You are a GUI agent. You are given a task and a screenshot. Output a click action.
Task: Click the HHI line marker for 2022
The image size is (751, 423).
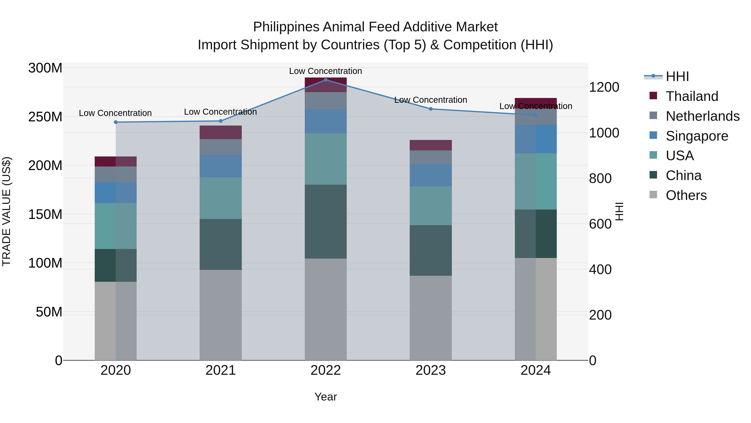(326, 80)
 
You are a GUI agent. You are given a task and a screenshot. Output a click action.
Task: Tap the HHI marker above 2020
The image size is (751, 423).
(116, 122)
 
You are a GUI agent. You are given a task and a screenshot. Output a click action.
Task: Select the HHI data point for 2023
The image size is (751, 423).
(431, 109)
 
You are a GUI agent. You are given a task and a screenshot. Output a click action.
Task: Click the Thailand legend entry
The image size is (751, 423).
(692, 96)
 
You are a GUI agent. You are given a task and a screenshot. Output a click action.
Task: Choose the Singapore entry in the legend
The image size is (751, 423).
(697, 136)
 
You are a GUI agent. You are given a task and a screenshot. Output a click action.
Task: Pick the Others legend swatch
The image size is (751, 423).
(653, 195)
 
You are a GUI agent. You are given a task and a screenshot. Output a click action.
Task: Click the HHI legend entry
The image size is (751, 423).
(677, 76)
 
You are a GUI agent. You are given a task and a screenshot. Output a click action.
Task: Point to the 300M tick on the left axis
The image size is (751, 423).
(45, 68)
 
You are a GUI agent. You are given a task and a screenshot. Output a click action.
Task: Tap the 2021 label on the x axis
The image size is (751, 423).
(221, 370)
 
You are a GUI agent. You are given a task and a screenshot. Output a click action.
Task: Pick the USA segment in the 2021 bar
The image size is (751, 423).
(221, 198)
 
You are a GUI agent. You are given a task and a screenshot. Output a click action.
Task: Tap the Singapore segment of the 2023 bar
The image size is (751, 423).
(431, 175)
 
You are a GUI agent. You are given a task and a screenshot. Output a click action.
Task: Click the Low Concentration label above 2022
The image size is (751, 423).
(325, 71)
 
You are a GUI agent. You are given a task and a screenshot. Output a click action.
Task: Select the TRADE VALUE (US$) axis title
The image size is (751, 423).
(6, 211)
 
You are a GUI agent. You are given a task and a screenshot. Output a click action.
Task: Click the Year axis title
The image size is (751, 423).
(326, 397)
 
